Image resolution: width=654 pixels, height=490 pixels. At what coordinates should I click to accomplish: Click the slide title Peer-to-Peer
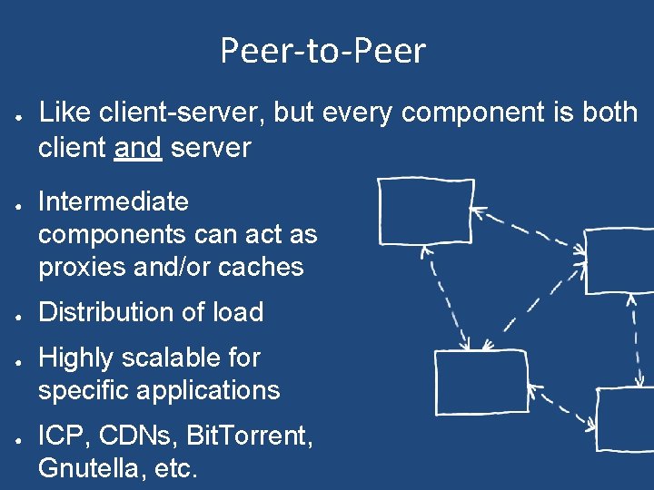pyautogui.click(x=322, y=51)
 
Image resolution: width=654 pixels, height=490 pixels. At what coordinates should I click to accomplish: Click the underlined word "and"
pyautogui.click(x=138, y=148)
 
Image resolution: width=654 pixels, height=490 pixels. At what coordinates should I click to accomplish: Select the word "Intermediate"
pyautogui.click(x=114, y=201)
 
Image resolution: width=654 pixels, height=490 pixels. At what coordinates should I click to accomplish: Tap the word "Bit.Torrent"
pyautogui.click(x=250, y=436)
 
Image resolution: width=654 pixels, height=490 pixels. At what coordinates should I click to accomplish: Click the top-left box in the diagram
pyautogui.click(x=424, y=211)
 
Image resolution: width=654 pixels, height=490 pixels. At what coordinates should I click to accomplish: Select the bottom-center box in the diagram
pyautogui.click(x=481, y=381)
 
